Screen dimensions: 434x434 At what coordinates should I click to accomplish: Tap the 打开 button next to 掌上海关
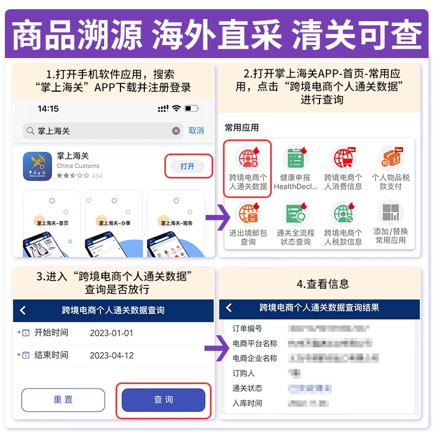tap(188, 166)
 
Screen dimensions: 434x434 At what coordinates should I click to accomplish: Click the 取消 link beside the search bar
tap(196, 131)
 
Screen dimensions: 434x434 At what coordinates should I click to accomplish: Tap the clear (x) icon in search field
tap(176, 131)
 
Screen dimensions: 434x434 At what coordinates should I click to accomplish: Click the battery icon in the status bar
tap(192, 108)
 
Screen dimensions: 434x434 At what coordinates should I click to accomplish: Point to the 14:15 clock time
tap(48, 108)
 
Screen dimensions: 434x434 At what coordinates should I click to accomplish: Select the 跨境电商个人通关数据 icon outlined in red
tap(248, 158)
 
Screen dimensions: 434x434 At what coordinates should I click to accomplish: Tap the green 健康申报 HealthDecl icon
tap(296, 158)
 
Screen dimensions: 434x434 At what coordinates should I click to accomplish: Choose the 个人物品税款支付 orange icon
tap(391, 158)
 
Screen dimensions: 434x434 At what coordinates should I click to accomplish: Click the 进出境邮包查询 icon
tap(248, 214)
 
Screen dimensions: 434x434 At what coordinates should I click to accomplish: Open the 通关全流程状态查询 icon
tap(296, 214)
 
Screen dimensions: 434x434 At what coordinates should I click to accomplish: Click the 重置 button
tap(63, 400)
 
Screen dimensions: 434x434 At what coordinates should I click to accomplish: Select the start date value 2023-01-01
tap(111, 333)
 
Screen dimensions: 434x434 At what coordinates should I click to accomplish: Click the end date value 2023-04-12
tap(111, 355)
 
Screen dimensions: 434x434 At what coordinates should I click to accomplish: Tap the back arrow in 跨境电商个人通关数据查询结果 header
tap(229, 308)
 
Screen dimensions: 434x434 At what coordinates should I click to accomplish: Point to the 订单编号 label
tap(247, 329)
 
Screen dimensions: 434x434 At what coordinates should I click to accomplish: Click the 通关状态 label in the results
tap(247, 388)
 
